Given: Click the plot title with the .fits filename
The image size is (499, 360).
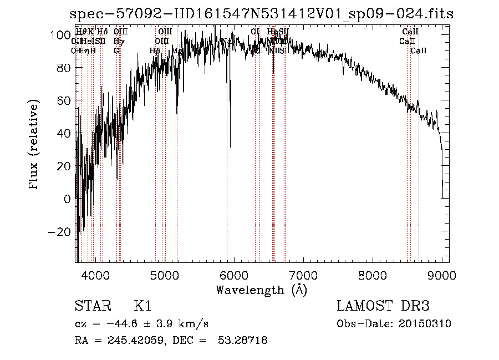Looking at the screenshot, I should (x=262, y=14).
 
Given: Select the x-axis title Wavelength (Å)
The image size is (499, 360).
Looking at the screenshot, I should (x=261, y=290).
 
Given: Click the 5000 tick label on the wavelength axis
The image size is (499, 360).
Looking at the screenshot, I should (x=165, y=274).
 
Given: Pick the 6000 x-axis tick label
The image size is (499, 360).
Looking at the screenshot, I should (x=234, y=274).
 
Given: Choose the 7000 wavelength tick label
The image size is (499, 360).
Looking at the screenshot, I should (x=303, y=274).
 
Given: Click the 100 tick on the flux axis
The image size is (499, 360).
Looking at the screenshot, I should (x=61, y=35).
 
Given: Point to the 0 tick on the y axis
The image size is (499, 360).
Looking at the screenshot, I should (x=68, y=199).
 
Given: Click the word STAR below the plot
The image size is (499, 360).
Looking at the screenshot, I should (x=92, y=306).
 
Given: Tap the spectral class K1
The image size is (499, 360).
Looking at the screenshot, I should (x=142, y=306).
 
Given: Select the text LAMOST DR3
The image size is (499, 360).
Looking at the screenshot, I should (x=383, y=306).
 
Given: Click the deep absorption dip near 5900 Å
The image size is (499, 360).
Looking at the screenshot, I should (x=230, y=145).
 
